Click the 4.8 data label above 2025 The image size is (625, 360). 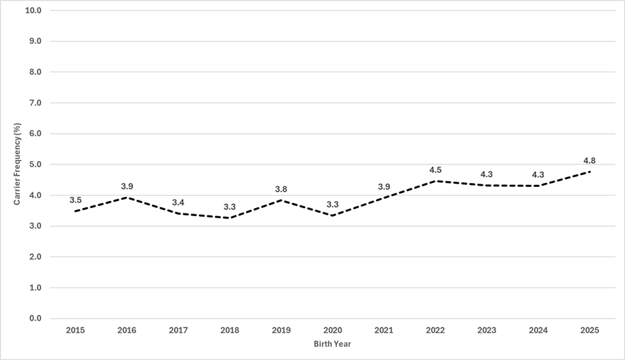click(590, 161)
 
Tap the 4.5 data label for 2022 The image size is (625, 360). click(435, 170)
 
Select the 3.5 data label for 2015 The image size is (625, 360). click(76, 200)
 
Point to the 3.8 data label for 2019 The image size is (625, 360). click(281, 189)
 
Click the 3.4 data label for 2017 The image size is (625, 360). click(178, 202)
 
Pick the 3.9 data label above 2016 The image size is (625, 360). click(127, 186)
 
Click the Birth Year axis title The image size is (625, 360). click(332, 343)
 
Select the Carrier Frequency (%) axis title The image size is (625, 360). click(17, 164)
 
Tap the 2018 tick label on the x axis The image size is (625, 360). click(230, 330)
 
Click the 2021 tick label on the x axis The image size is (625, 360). click(384, 330)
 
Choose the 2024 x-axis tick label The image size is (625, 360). click(538, 330)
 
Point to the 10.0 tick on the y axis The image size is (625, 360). click(33, 11)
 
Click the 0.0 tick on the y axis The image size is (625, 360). click(35, 318)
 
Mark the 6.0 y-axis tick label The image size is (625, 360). click(35, 133)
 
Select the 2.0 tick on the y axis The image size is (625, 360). click(35, 257)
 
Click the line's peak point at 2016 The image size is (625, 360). click(127, 197)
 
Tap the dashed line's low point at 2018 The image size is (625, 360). click(230, 218)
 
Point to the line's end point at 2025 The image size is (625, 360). click(590, 172)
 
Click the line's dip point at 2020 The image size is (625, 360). click(332, 215)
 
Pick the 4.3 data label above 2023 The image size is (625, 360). click(487, 174)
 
